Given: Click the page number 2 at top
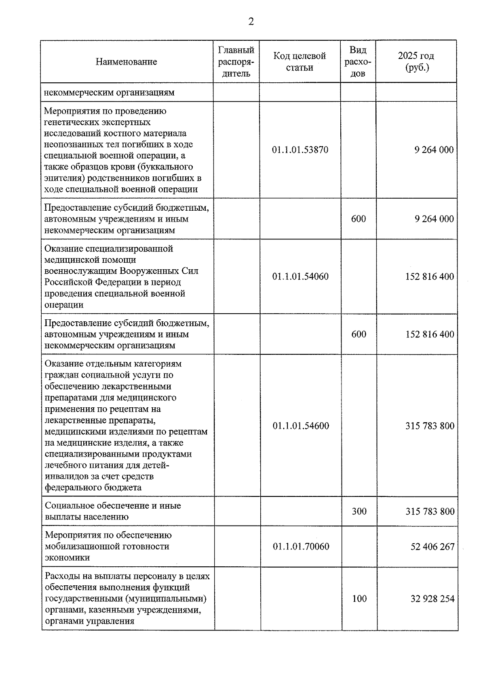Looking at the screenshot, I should pos(251,22).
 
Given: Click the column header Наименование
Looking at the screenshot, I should pos(126,62).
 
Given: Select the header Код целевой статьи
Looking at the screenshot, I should pos(299,62).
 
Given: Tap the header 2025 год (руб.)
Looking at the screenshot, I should pos(416,62).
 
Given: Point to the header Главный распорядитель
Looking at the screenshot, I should pos(236,62).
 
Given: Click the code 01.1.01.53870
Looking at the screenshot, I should pos(300,150).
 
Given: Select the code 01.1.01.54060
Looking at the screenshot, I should pos(300,277).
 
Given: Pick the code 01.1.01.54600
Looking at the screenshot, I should pos(301,426).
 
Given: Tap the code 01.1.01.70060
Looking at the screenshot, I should pos(301,547).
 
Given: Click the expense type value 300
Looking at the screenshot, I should pos(359,511).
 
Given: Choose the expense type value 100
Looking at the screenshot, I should pos(359,599).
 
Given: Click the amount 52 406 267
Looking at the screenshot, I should pos(432,547).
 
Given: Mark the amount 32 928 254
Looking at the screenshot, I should pos(432,599).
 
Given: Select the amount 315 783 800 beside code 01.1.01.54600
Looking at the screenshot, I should pos(430,426).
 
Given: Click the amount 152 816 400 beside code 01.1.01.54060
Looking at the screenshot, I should pos(430,277).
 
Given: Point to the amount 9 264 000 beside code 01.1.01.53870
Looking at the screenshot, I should pos(434,150).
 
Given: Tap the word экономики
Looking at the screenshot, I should pos(67,558).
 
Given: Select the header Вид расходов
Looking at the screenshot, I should pos(358,62).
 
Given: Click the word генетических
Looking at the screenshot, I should pos(70,122).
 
